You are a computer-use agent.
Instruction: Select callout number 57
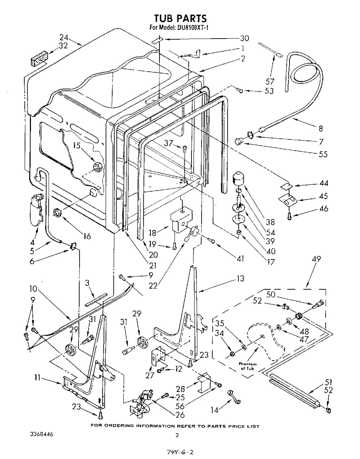click(270, 81)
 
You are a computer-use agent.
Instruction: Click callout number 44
click(324, 184)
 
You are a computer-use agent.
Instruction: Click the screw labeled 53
click(240, 91)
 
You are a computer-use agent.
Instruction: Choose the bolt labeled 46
click(289, 216)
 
